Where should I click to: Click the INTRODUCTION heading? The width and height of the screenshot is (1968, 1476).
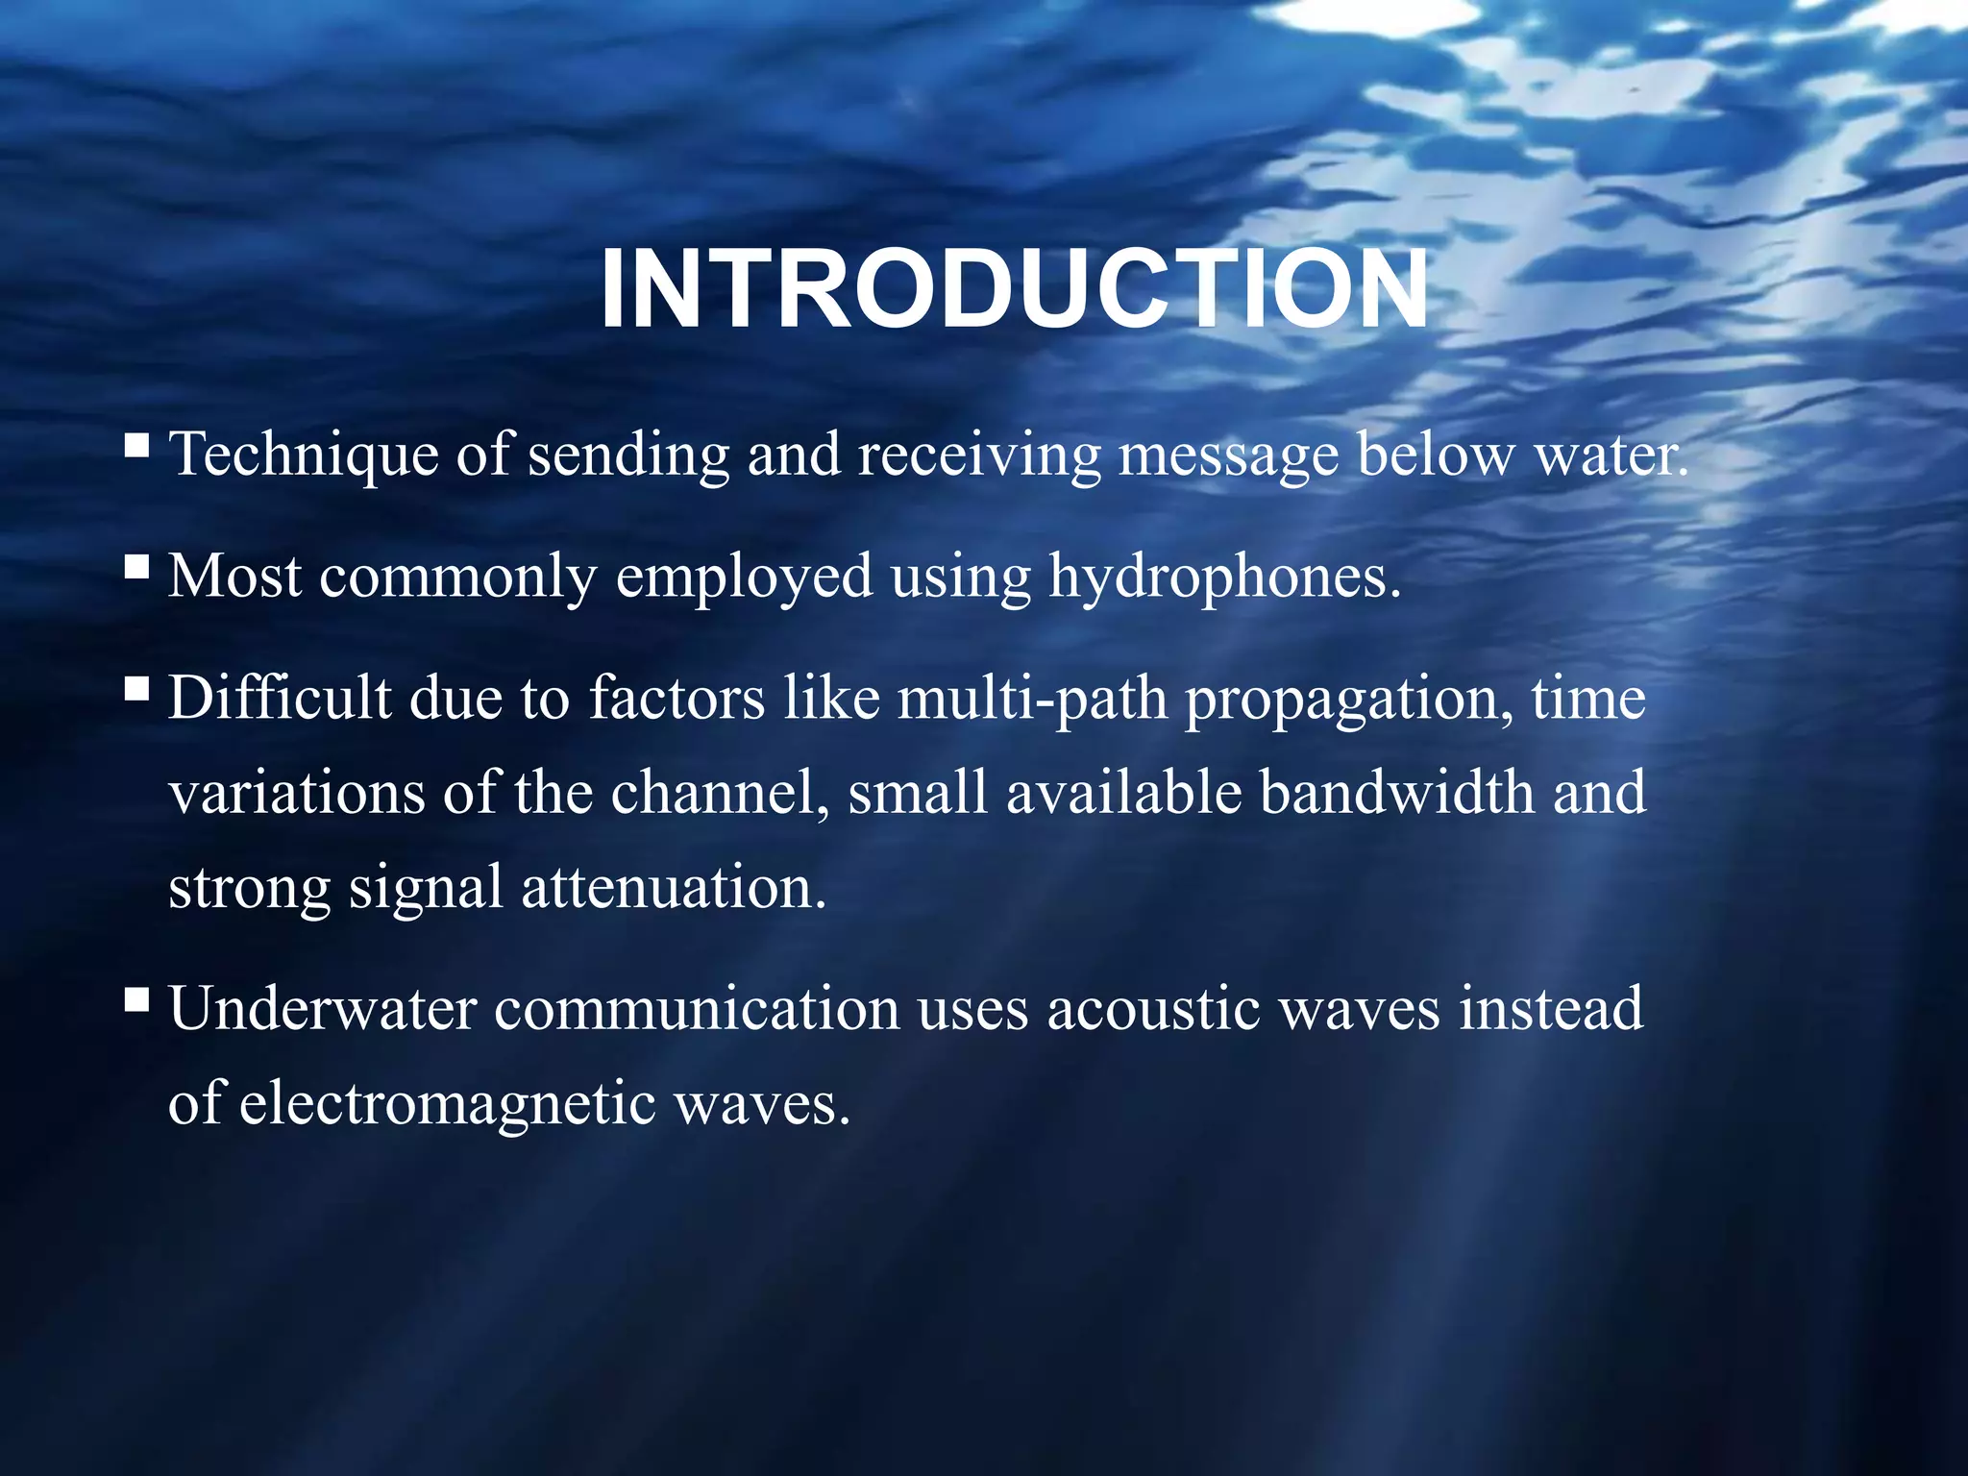coord(1014,290)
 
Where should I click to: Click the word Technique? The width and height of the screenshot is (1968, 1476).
coord(304,455)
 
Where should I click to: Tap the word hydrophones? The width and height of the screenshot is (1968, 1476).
coord(1224,578)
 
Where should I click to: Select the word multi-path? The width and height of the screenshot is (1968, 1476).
coord(1032,699)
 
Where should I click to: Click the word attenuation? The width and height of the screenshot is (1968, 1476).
coord(673,886)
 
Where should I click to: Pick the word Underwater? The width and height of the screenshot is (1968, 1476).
coord(323,1009)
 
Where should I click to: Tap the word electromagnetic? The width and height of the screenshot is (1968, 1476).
coord(447,1102)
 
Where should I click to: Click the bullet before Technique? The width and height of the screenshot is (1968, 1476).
coord(136,445)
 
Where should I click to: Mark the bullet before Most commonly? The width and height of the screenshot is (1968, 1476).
coord(136,567)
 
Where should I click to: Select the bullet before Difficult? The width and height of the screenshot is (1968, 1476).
coord(136,688)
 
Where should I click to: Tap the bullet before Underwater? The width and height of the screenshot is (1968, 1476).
coord(136,1000)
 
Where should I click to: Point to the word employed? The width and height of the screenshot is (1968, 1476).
coord(744,578)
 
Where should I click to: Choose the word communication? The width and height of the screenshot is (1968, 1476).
coord(697,1009)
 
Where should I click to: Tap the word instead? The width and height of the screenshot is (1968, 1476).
coord(1551,1009)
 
